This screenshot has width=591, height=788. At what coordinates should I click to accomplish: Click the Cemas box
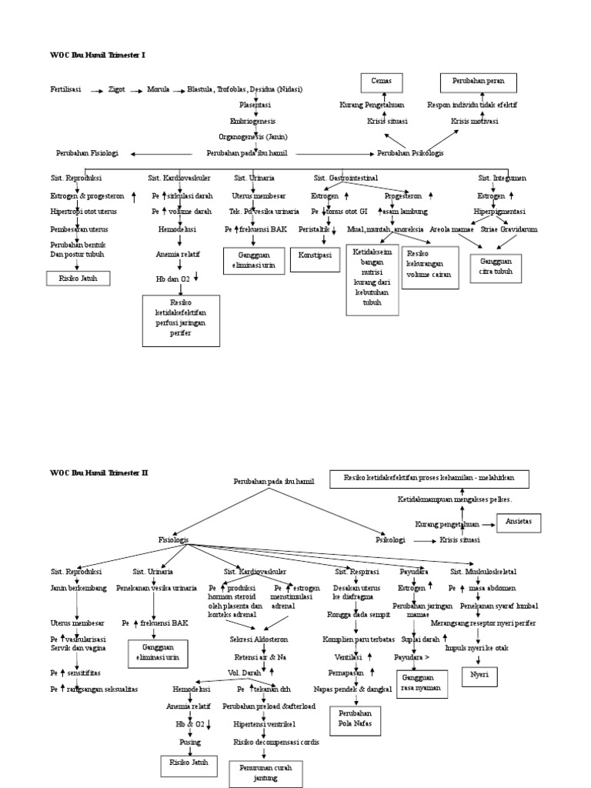tap(382, 81)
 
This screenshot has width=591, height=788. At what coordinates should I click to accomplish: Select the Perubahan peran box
tap(478, 81)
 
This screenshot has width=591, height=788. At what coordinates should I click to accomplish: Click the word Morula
tap(159, 89)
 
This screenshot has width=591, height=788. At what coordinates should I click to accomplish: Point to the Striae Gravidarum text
tap(509, 229)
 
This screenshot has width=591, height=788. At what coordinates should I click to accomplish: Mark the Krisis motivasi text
tap(474, 122)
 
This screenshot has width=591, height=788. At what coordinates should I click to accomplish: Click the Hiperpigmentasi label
tap(499, 210)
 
